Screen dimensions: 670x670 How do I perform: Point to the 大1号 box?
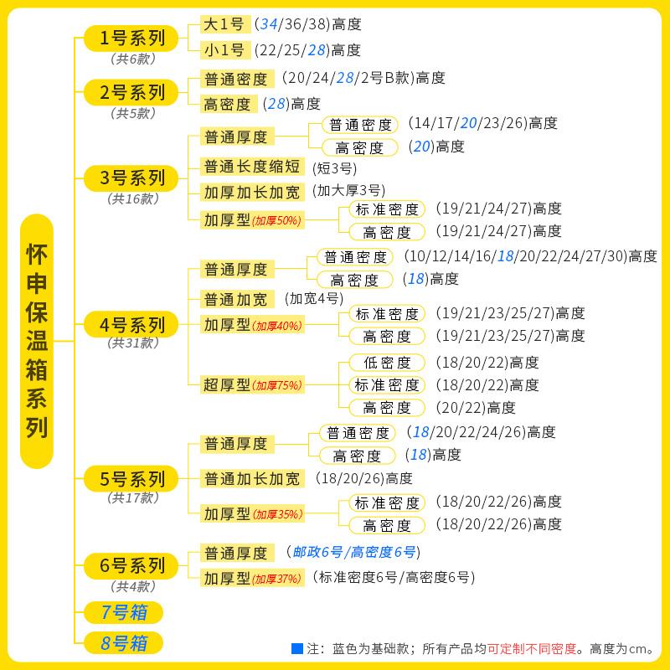pyautogui.click(x=225, y=25)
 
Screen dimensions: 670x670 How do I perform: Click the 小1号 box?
pyautogui.click(x=225, y=50)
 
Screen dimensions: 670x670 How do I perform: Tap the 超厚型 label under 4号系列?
pyautogui.click(x=227, y=385)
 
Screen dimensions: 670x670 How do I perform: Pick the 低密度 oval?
pyautogui.click(x=387, y=363)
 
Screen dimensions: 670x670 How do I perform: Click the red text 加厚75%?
pyautogui.click(x=278, y=386)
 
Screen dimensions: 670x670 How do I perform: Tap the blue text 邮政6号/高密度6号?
pyautogui.click(x=353, y=552)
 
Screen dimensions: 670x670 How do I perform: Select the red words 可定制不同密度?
pyautogui.click(x=533, y=649)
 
